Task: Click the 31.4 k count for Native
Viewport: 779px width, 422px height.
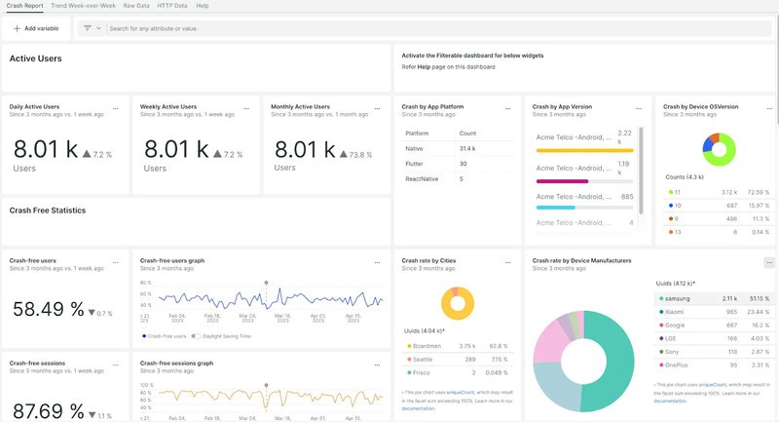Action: (467, 148)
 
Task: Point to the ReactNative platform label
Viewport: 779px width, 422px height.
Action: (421, 179)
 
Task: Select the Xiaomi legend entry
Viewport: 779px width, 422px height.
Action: (677, 312)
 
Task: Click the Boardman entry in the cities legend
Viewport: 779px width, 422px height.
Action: (427, 345)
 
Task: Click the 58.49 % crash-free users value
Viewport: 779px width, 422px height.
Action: (48, 309)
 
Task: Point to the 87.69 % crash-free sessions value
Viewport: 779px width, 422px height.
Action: (48, 410)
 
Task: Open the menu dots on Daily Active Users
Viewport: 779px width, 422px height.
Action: (116, 107)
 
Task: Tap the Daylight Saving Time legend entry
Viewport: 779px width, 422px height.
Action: (226, 334)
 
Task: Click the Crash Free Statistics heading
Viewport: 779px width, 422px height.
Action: (48, 210)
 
